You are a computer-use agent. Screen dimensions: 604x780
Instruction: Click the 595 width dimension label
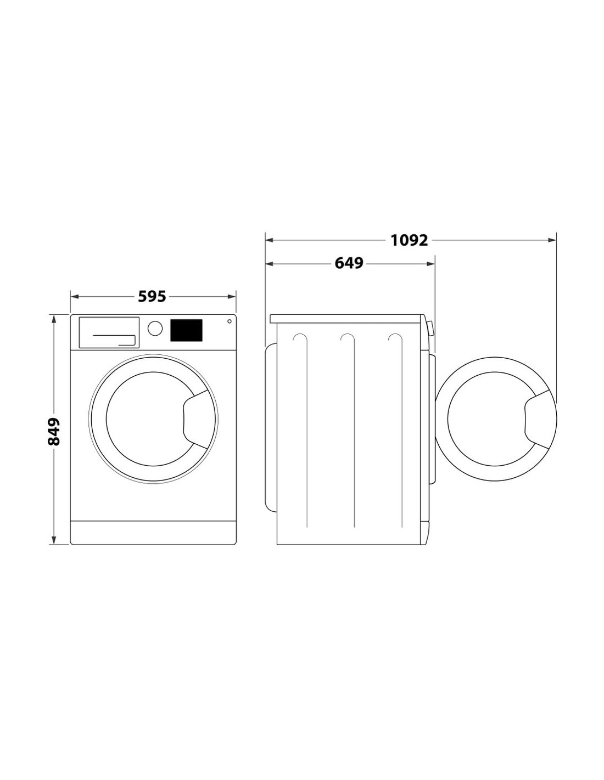click(x=152, y=297)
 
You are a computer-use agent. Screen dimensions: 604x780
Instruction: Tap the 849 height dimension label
click(x=54, y=432)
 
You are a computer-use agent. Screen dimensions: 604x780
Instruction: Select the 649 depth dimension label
click(x=349, y=263)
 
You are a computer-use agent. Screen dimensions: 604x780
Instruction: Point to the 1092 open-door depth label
click(x=409, y=240)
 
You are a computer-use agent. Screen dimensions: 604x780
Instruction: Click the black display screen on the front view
click(x=186, y=330)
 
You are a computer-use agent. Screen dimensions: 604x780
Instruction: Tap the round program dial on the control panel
click(x=155, y=328)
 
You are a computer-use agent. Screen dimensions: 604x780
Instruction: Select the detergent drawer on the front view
click(x=109, y=332)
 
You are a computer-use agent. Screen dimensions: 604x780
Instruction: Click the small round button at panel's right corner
click(x=229, y=321)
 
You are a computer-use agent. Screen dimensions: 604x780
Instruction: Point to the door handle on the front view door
click(x=196, y=419)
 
